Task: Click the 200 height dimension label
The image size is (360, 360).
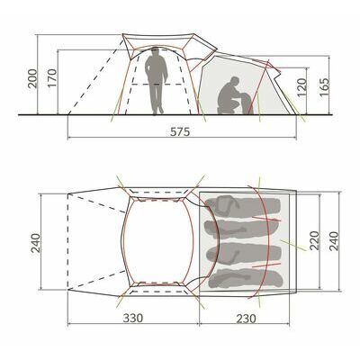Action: (x=33, y=78)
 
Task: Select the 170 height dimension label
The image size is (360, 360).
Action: (x=52, y=78)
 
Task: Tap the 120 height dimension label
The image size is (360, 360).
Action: (x=302, y=87)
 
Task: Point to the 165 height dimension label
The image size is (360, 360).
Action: (x=324, y=87)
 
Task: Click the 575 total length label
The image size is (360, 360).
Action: (x=180, y=131)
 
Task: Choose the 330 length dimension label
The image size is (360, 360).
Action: (x=133, y=318)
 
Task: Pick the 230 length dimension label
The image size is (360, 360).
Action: (x=247, y=318)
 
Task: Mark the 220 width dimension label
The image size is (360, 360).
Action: (x=314, y=241)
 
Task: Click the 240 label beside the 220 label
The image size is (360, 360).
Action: (x=334, y=241)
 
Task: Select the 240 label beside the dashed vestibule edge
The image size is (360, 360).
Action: (x=35, y=242)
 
